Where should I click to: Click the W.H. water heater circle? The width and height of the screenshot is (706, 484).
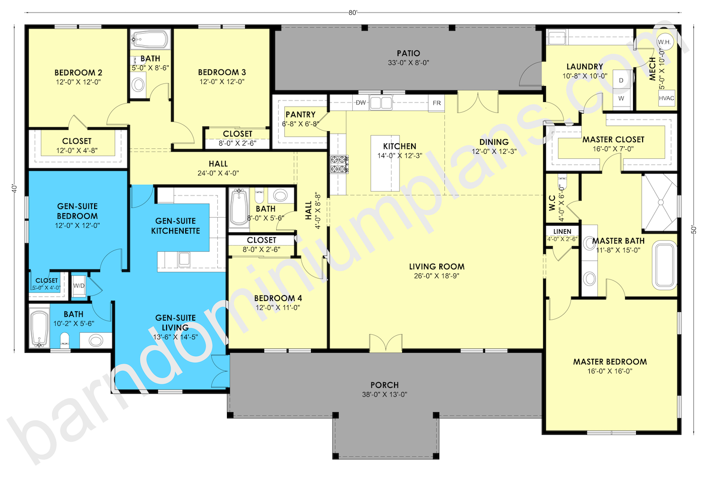(664, 42)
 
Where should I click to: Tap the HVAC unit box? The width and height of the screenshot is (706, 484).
(666, 98)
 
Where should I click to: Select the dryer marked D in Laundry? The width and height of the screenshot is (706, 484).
(621, 80)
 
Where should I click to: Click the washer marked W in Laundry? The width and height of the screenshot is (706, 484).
(621, 99)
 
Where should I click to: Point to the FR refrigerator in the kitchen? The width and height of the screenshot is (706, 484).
(436, 103)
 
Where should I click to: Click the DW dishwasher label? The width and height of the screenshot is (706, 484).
(361, 102)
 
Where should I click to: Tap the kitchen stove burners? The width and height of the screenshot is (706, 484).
(339, 164)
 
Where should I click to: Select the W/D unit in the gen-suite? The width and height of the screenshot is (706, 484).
(79, 286)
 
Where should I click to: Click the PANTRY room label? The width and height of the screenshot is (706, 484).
(300, 115)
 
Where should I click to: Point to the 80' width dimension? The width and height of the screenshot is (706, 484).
(353, 13)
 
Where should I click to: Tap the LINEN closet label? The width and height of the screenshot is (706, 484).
(562, 232)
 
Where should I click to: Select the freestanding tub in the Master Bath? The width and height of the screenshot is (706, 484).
(666, 265)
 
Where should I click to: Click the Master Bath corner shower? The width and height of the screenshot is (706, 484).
(660, 203)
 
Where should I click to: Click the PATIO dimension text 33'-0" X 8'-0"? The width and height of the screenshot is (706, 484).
(408, 63)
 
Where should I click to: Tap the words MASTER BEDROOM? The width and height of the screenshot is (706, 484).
(610, 362)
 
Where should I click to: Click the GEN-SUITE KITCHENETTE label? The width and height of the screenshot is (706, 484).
(176, 226)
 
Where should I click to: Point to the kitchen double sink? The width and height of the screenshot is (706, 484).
(381, 103)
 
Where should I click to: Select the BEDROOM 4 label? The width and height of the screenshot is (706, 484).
(278, 299)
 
